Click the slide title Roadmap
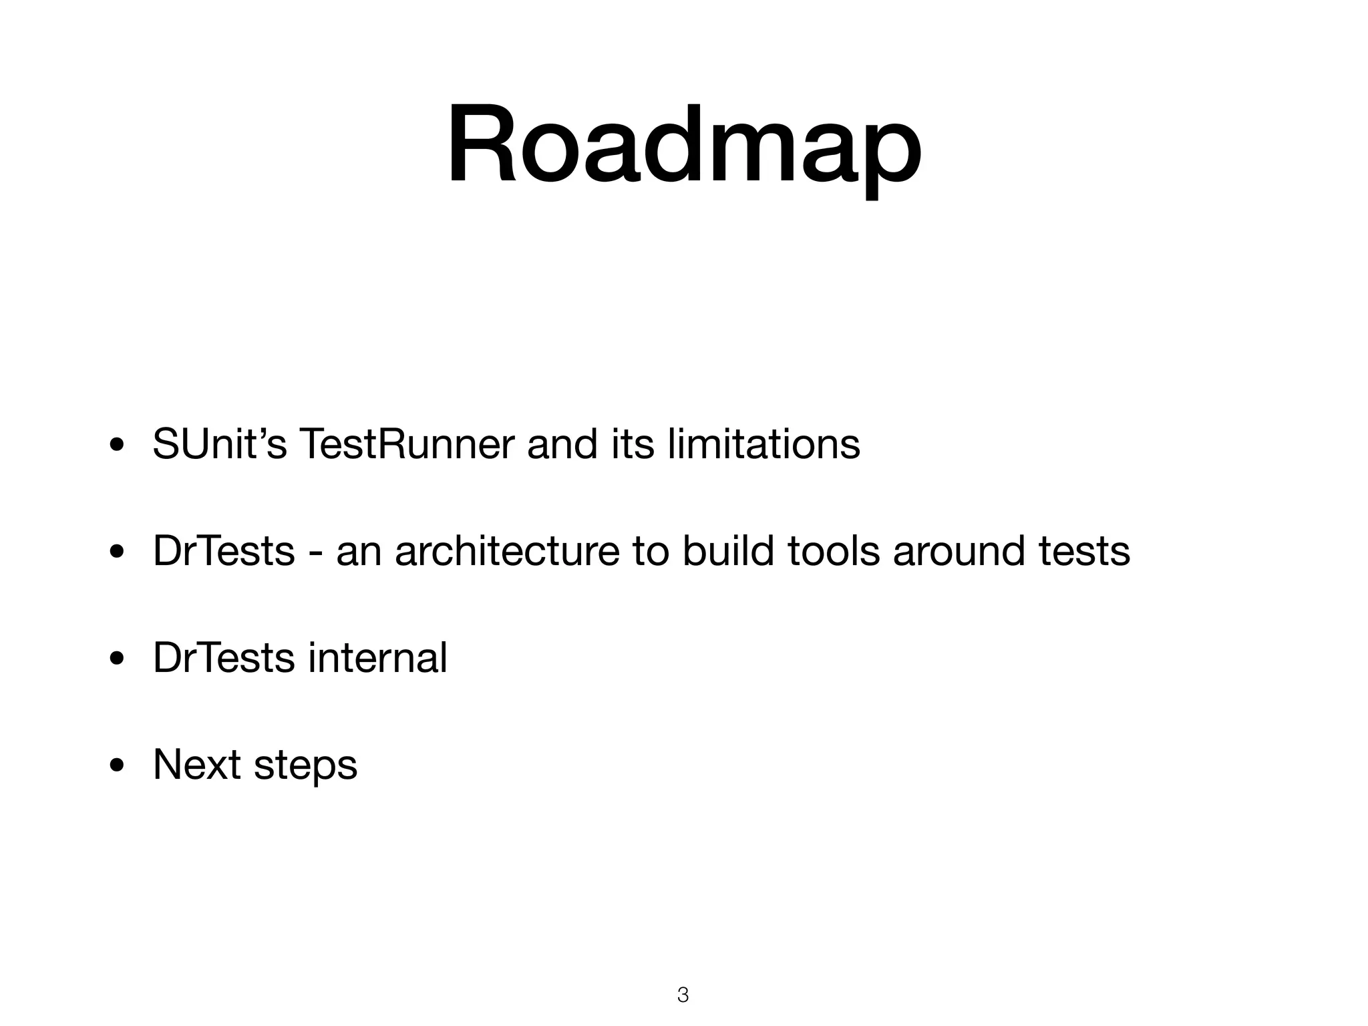[x=684, y=146]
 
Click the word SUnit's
[x=220, y=444]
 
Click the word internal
[x=377, y=658]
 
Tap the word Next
[x=197, y=765]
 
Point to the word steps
[x=306, y=766]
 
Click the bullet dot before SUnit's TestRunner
[x=117, y=446]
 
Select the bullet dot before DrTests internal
[x=117, y=659]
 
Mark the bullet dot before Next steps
[x=117, y=766]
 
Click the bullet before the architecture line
[x=117, y=552]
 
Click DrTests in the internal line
[x=224, y=658]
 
